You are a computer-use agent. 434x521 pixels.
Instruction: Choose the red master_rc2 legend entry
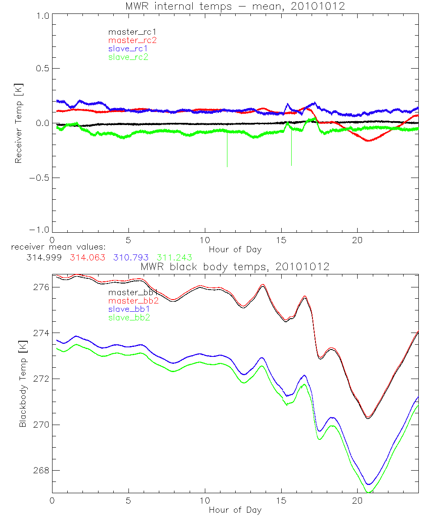click(132, 40)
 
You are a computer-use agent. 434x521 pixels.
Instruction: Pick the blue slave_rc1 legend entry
click(128, 49)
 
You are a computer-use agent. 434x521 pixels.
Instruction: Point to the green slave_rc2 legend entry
click(128, 57)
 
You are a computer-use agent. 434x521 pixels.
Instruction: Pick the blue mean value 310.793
click(130, 257)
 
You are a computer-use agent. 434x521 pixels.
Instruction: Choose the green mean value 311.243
click(174, 257)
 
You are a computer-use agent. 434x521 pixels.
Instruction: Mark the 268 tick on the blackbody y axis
click(41, 471)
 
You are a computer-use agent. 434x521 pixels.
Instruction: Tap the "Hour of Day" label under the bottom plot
click(235, 510)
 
